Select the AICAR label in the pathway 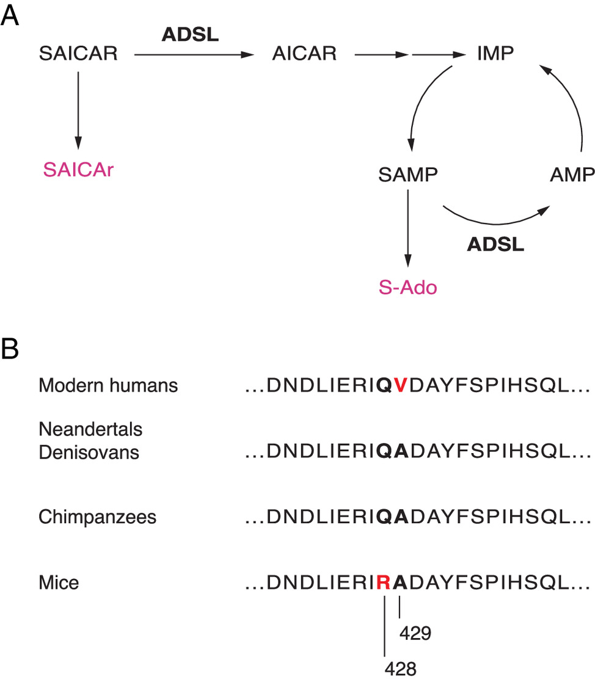(x=304, y=54)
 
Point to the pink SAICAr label (x=78, y=169)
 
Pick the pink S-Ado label (x=407, y=286)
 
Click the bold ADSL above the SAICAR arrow (x=190, y=34)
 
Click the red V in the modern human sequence (x=400, y=385)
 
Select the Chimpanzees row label (x=98, y=517)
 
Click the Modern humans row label (x=108, y=385)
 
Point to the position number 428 (x=400, y=669)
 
